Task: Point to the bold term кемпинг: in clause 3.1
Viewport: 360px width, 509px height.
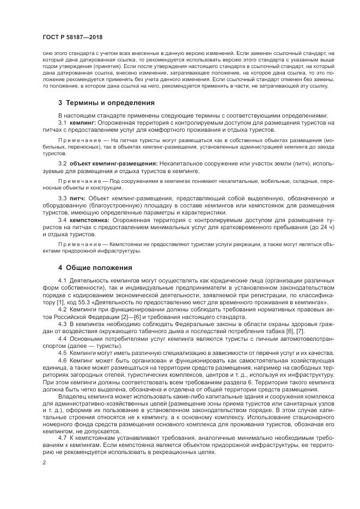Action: click(x=83, y=124)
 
